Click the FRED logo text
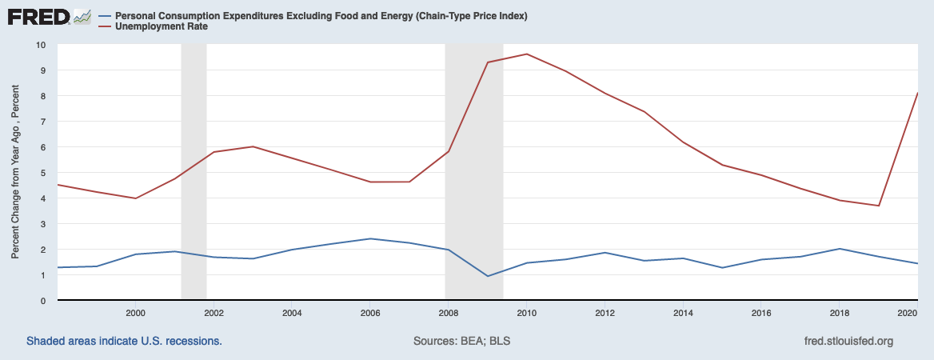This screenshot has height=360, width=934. point(37,16)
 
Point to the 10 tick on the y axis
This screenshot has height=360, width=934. point(41,45)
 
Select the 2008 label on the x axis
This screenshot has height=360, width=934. point(448,312)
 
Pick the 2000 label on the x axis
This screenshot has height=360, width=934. point(135,312)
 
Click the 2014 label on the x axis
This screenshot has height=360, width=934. point(682,312)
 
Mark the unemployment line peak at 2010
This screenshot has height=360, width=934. point(526,54)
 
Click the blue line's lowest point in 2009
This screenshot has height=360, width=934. point(487,276)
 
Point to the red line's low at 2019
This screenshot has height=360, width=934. point(879,206)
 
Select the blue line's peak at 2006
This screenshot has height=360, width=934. point(370,238)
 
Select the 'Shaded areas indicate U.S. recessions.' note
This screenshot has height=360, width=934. point(124,342)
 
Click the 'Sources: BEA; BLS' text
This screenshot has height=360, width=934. point(462,342)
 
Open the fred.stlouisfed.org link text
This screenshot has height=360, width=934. point(848,342)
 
